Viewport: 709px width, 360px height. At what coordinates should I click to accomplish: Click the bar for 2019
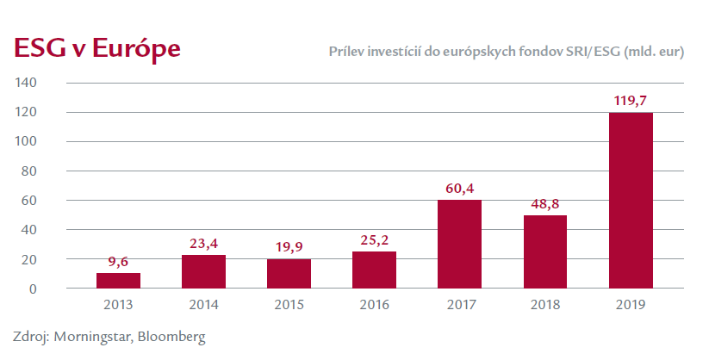[631, 200]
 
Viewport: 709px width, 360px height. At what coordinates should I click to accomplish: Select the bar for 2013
[118, 281]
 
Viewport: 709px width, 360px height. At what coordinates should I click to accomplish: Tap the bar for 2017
[460, 244]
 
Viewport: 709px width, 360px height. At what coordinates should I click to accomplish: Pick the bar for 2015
[289, 274]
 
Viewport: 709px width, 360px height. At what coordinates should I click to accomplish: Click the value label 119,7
[631, 102]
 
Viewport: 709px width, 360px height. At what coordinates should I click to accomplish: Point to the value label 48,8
[545, 205]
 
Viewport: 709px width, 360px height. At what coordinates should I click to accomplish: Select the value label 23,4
[203, 244]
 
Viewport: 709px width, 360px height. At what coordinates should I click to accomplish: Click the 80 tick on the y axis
[28, 171]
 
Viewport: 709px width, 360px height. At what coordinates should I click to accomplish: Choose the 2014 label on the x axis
[203, 304]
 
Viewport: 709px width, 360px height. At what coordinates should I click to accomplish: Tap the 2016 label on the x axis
[375, 304]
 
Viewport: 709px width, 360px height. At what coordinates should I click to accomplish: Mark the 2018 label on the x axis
[545, 304]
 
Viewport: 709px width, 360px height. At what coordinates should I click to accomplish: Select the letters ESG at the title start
[34, 48]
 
